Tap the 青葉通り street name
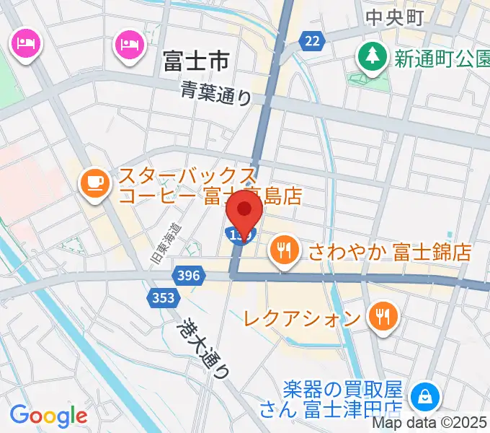[x=215, y=92]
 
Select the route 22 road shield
[x=311, y=42]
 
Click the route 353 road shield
[x=164, y=297]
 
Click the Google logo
[x=48, y=415]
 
